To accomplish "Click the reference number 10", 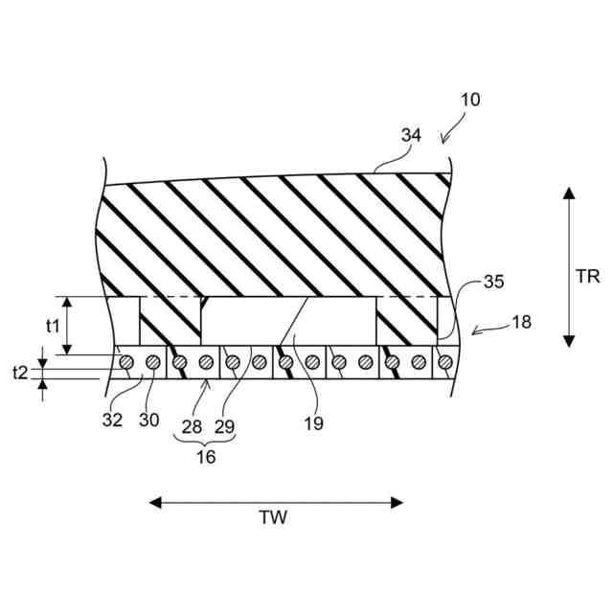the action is pyautogui.click(x=470, y=100).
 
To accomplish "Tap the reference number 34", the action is pyautogui.click(x=411, y=135).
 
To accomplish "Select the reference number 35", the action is pyautogui.click(x=494, y=282).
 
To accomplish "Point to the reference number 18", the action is pyautogui.click(x=521, y=322).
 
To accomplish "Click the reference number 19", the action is pyautogui.click(x=313, y=423).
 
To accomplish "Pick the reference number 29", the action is pyautogui.click(x=224, y=427).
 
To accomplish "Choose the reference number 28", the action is pyautogui.click(x=192, y=427).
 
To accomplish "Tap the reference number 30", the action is pyautogui.click(x=149, y=420).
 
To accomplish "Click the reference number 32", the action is pyautogui.click(x=113, y=420).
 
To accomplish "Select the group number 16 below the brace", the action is pyautogui.click(x=206, y=457).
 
